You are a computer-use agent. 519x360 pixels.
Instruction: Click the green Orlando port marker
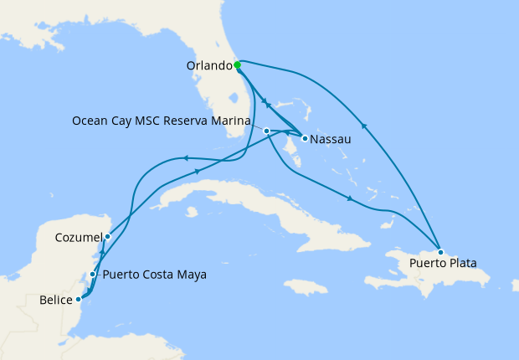(238, 64)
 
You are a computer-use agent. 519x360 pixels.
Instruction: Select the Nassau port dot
(305, 138)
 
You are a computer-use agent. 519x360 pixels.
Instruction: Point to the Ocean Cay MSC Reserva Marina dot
(266, 131)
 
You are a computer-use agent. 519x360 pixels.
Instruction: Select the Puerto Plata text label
(444, 263)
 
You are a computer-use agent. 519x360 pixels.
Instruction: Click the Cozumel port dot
(107, 237)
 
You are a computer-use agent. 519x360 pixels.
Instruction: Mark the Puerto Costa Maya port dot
(92, 274)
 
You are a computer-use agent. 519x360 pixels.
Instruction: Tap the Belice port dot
(79, 298)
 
